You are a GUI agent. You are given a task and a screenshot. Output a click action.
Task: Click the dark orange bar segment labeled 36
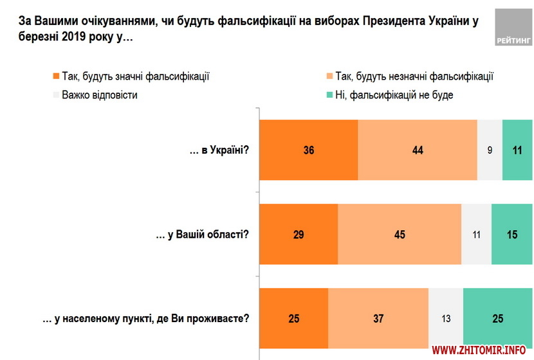[308, 150]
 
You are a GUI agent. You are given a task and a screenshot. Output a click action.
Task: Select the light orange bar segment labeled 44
[418, 150]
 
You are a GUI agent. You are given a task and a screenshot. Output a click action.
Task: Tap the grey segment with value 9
[490, 150]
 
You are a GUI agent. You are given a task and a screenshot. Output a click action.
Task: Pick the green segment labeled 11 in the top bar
[517, 150]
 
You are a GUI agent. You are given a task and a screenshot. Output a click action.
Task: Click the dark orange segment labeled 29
[299, 235]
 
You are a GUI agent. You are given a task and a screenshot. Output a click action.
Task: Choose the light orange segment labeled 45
[400, 235]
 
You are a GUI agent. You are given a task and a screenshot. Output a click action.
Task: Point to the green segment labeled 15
[512, 235]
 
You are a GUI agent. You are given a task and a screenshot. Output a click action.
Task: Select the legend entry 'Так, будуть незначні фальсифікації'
[409, 76]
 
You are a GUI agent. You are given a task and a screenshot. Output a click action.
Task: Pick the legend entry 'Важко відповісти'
[95, 94]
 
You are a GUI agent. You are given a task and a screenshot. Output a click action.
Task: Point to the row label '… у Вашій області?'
[203, 235]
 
